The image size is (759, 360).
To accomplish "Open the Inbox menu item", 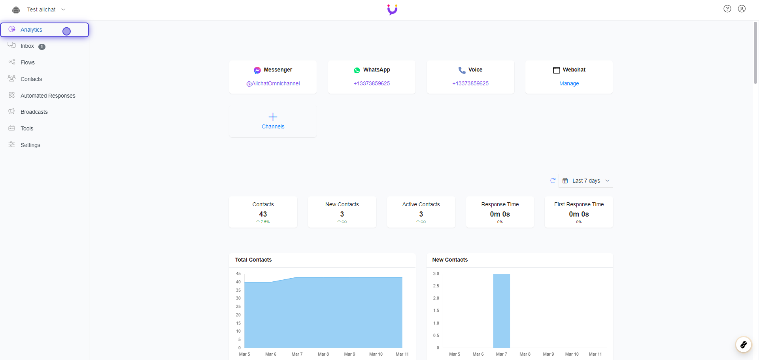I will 27,46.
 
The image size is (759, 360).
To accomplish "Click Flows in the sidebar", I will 28,62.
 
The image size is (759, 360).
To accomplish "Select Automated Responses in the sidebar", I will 48,96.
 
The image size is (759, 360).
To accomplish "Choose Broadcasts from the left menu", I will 34,112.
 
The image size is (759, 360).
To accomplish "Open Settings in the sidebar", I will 30,145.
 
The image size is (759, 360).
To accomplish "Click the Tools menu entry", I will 27,128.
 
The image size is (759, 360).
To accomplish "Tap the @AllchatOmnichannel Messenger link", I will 273,83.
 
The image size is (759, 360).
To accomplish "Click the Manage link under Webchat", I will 569,83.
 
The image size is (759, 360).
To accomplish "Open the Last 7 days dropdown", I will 586,181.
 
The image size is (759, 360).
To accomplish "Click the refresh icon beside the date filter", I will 553,181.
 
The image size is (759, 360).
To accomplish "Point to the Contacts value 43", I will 263,214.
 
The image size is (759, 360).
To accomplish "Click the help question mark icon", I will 727,9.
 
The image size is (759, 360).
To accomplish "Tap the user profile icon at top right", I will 742,9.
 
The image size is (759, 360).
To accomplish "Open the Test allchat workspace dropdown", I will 45,9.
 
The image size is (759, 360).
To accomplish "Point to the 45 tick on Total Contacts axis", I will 238,273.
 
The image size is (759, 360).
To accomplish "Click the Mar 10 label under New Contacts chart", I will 572,354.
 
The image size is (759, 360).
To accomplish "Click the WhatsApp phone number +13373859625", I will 372,83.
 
